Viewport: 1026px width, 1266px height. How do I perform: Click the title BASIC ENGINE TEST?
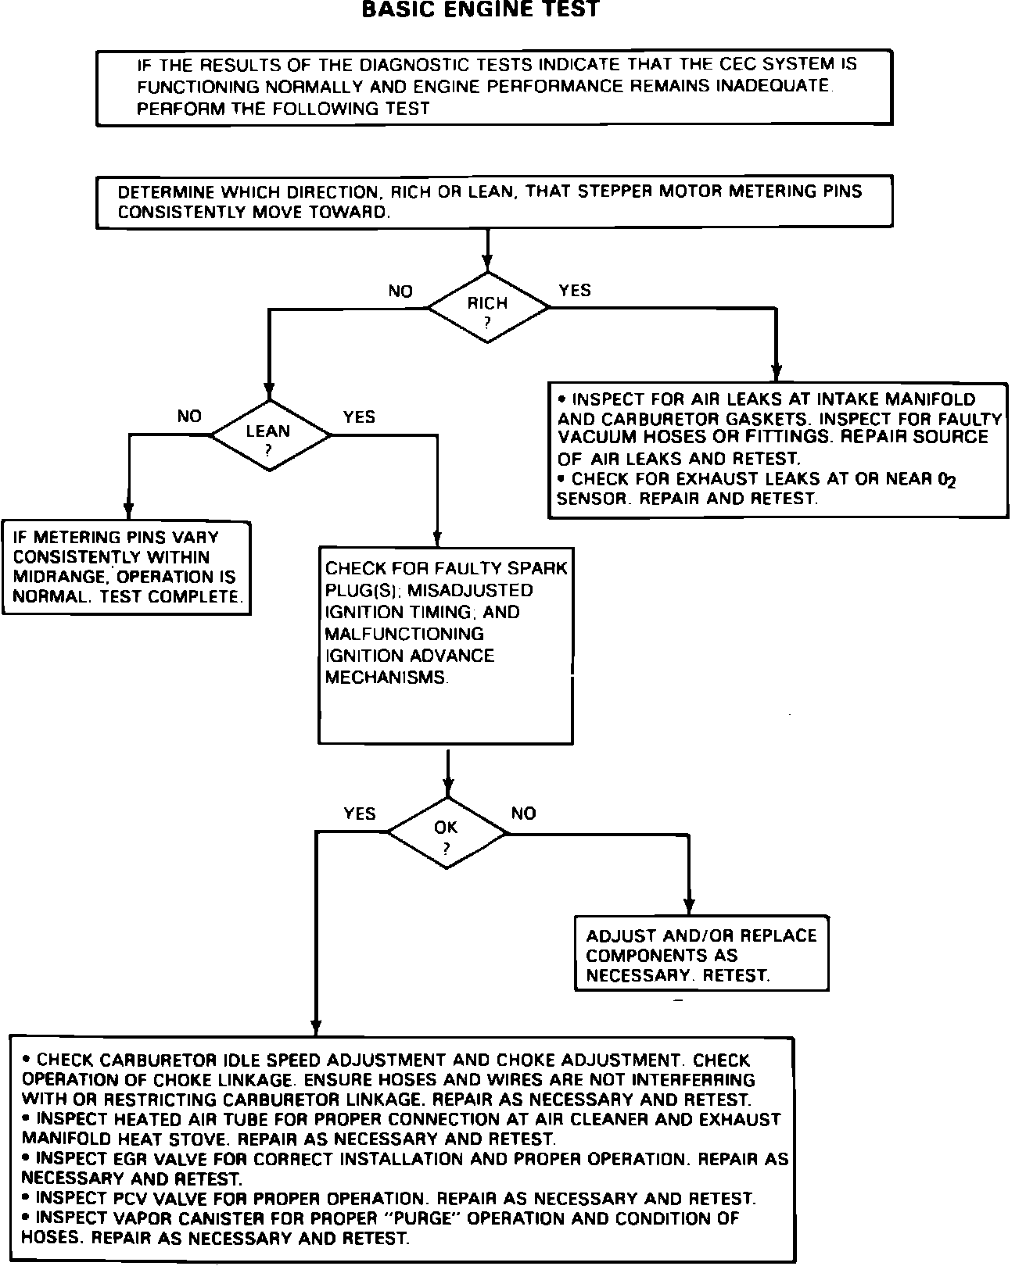(481, 10)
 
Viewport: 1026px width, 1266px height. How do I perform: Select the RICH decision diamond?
(488, 308)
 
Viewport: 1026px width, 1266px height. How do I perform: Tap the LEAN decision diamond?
(269, 435)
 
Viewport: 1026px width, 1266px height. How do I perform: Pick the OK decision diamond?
(447, 833)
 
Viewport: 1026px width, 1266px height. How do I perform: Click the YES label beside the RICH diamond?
(575, 291)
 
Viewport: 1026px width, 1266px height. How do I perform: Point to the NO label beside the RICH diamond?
(400, 291)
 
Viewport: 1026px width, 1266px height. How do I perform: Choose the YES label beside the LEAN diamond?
(359, 417)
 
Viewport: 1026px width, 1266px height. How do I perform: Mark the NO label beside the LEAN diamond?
(189, 417)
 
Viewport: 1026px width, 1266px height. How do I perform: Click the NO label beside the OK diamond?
(523, 814)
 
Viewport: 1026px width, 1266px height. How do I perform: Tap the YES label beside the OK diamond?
(360, 814)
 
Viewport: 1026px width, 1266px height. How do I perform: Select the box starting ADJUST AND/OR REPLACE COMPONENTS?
(701, 954)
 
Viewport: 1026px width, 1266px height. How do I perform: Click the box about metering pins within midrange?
(126, 567)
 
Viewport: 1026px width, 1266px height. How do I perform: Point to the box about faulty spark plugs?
(446, 645)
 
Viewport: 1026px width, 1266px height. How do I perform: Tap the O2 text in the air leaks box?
(947, 480)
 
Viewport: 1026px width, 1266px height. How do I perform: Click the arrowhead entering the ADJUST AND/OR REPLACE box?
(689, 907)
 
